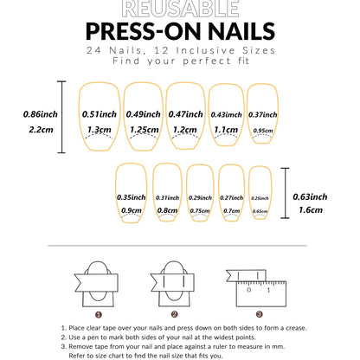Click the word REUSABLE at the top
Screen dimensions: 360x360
(180, 9)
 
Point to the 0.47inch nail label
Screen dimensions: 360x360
(184, 113)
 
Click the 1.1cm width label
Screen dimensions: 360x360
(227, 129)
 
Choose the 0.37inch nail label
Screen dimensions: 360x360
(263, 114)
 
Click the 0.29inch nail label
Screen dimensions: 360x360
(199, 197)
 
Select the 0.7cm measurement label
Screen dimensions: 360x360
(231, 210)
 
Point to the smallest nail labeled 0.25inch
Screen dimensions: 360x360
(260, 197)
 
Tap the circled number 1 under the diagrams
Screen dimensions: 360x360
(100, 314)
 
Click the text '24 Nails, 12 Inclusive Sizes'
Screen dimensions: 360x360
(180, 51)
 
